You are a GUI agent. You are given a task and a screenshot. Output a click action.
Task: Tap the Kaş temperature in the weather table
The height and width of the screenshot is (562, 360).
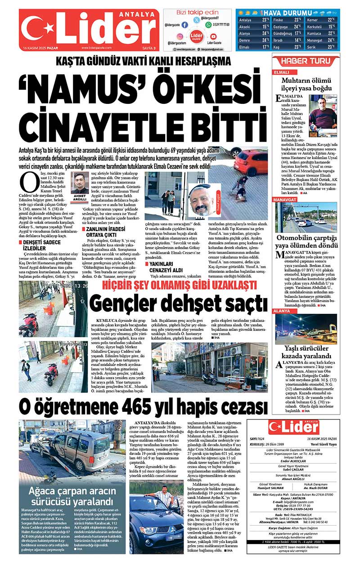point(297,47)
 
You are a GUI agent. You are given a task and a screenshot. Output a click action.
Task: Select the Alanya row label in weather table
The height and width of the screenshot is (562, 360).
point(245,33)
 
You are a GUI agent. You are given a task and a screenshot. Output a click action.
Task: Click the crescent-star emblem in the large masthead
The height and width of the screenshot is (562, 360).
point(36,30)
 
